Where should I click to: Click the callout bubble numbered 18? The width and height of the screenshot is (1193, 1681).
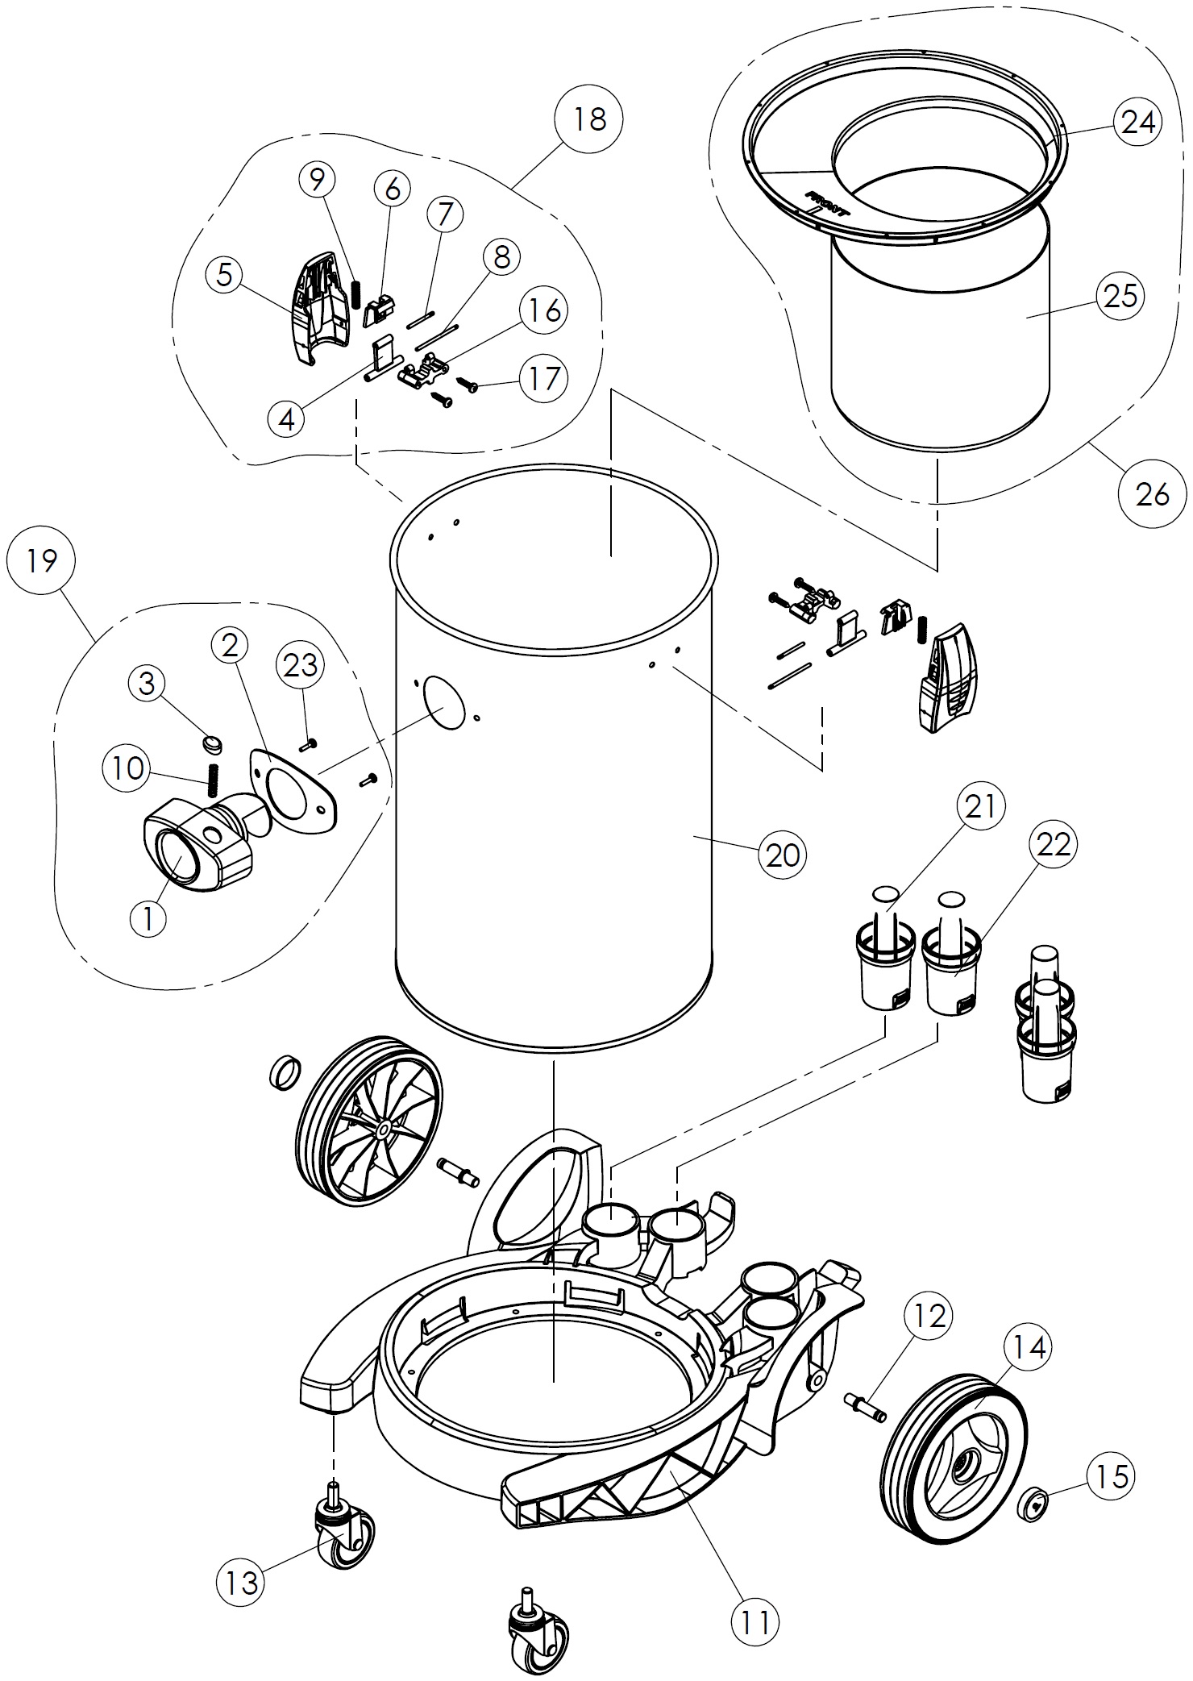(x=589, y=119)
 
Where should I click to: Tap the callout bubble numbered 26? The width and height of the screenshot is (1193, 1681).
(x=1152, y=493)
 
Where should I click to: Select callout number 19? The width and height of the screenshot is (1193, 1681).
(x=41, y=560)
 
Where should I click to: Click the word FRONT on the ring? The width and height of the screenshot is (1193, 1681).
(x=825, y=202)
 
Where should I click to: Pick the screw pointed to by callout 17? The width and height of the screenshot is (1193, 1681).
(x=468, y=385)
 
